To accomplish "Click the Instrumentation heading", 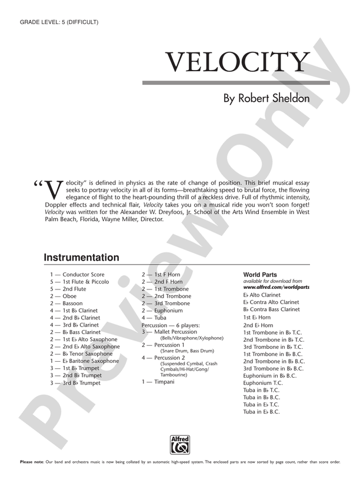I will tap(81, 258).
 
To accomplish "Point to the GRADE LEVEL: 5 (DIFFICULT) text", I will tap(59, 22).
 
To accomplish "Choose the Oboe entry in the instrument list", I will tap(69, 296).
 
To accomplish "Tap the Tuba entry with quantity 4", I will tap(160, 318).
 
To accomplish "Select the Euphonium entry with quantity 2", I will tap(168, 311).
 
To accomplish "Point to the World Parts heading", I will tap(260, 275).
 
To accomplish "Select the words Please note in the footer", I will tap(32, 462).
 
